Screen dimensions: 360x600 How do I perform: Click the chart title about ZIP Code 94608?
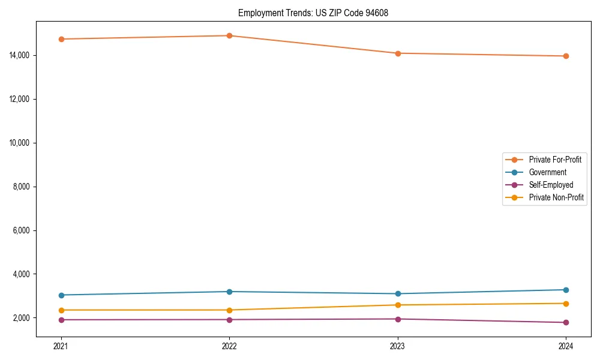click(x=313, y=13)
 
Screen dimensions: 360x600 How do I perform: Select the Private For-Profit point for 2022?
click(x=229, y=35)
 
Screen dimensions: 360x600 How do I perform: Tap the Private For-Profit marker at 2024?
click(x=566, y=56)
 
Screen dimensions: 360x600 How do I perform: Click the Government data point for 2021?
click(x=61, y=295)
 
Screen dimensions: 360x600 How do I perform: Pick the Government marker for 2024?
click(x=566, y=290)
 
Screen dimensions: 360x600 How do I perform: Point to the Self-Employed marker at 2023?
click(x=398, y=319)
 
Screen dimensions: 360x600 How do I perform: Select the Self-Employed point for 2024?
click(x=566, y=323)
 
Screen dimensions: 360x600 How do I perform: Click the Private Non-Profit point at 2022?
click(x=229, y=310)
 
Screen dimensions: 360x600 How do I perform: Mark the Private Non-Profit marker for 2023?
click(x=398, y=305)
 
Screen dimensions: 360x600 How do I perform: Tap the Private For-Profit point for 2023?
click(x=398, y=53)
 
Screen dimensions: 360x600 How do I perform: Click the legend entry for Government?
click(x=547, y=172)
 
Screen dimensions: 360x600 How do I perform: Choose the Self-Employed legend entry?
click(x=551, y=185)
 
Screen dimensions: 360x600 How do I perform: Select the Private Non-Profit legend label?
click(x=556, y=197)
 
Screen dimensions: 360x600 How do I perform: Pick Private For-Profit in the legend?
click(x=554, y=160)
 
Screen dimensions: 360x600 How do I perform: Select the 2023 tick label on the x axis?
click(x=398, y=346)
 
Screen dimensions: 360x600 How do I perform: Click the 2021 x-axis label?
click(x=61, y=346)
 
